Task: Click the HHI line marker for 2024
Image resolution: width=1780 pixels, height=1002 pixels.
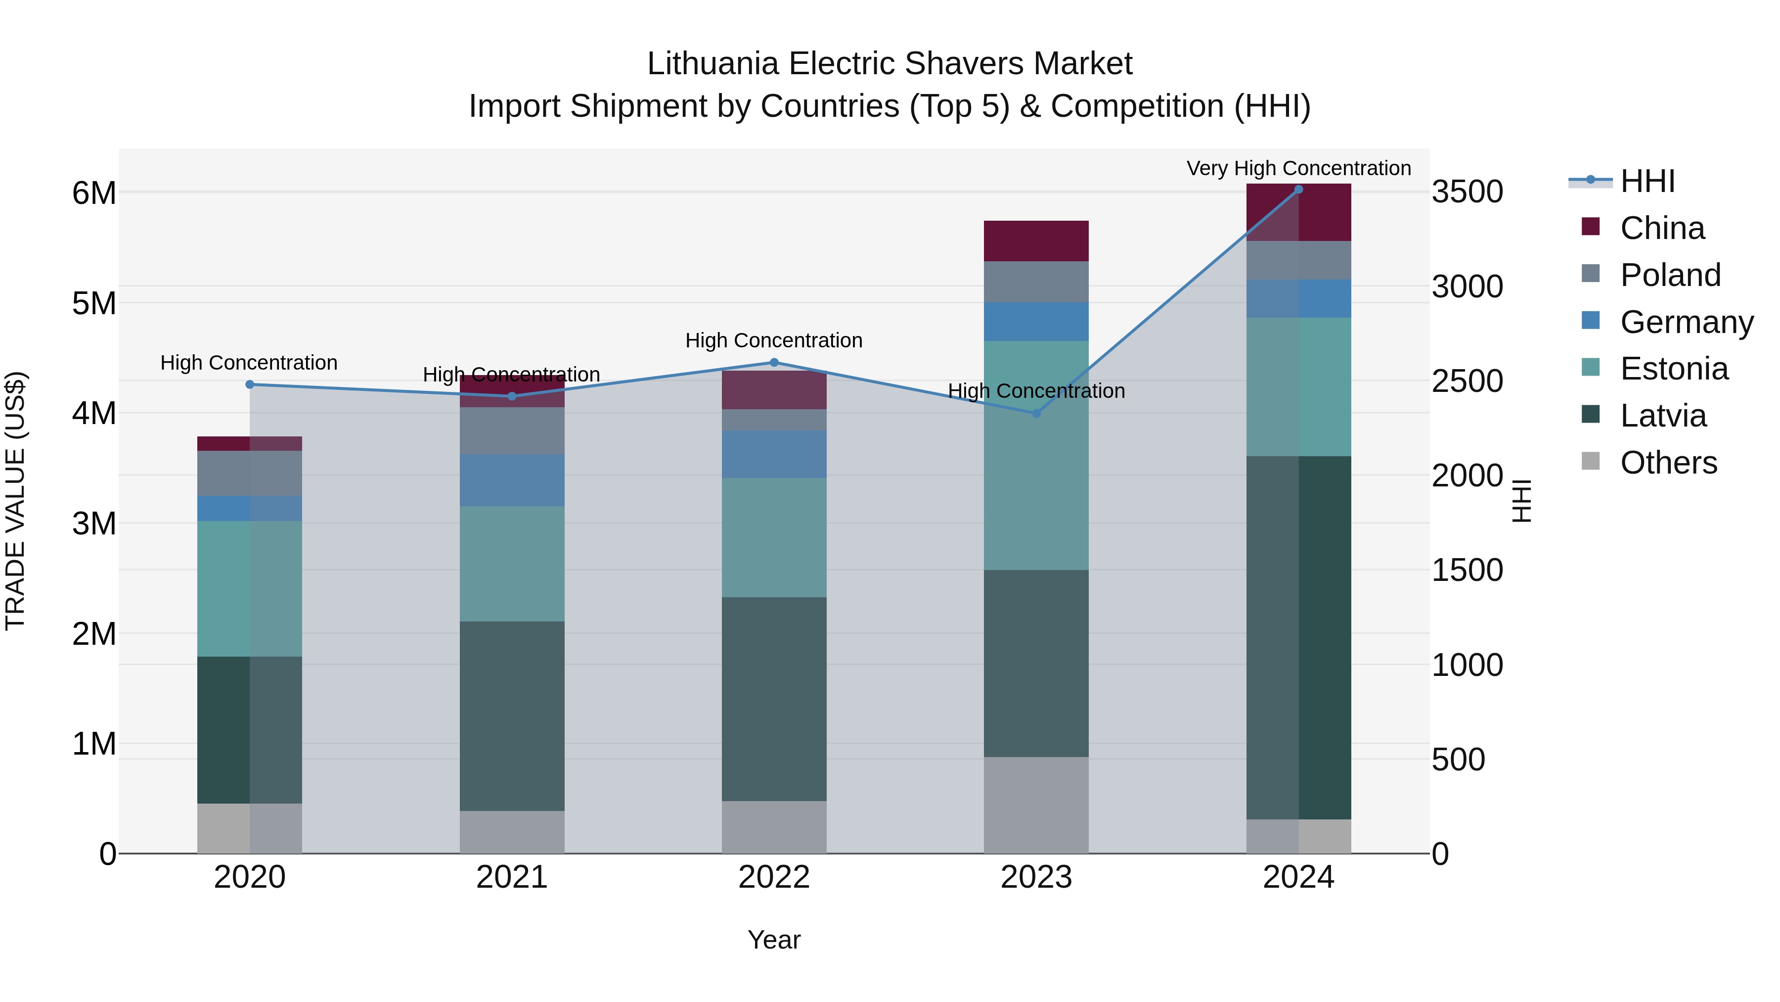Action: pyautogui.click(x=1298, y=190)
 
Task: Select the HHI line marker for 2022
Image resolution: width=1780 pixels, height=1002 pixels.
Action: pyautogui.click(x=774, y=362)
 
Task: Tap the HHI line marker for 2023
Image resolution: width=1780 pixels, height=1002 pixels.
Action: pyautogui.click(x=1036, y=414)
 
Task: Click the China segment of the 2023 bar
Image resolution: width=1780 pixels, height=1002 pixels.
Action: pyautogui.click(x=1036, y=240)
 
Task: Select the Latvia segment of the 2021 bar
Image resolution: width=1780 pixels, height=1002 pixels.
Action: pyautogui.click(x=512, y=716)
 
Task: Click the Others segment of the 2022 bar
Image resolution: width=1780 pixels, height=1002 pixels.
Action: pyautogui.click(x=774, y=827)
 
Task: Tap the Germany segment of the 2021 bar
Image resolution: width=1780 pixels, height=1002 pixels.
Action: pyautogui.click(x=512, y=480)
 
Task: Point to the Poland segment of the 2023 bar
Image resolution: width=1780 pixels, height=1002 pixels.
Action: pyautogui.click(x=1036, y=282)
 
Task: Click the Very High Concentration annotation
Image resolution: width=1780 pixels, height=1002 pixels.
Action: pyautogui.click(x=1298, y=168)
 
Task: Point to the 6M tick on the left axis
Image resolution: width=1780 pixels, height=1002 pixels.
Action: pyautogui.click(x=94, y=193)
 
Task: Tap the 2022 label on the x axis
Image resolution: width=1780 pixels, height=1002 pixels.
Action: pyautogui.click(x=774, y=877)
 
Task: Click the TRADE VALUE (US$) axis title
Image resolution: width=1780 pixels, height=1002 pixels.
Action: pyautogui.click(x=15, y=501)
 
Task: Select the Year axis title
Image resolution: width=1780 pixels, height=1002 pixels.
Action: pyautogui.click(x=774, y=940)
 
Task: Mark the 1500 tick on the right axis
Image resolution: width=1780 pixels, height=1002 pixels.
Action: pyautogui.click(x=1467, y=571)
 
